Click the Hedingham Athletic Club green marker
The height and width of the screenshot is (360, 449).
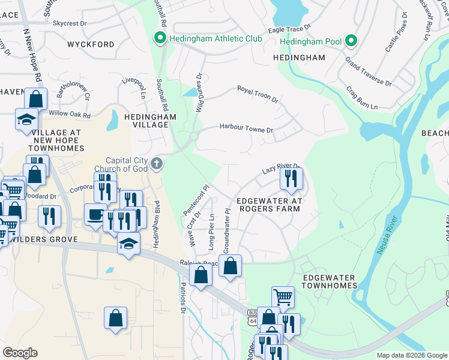pyautogui.click(x=160, y=38)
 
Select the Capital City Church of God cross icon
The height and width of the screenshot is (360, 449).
pyautogui.click(x=157, y=164)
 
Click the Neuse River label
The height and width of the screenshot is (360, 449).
pyautogui.click(x=388, y=235)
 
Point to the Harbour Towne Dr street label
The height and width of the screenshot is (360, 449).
pyautogui.click(x=246, y=128)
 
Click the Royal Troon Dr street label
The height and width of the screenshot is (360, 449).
pyautogui.click(x=257, y=93)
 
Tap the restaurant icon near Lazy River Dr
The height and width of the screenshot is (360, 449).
pyautogui.click(x=291, y=178)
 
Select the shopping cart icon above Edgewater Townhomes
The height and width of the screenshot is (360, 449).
pyautogui.click(x=283, y=296)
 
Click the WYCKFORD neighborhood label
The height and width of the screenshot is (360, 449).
pyautogui.click(x=91, y=44)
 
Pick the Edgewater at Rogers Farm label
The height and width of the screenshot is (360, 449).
pyautogui.click(x=268, y=205)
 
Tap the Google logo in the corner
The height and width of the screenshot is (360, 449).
pyautogui.click(x=20, y=353)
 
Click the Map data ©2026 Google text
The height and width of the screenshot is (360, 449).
pyautogui.click(x=411, y=355)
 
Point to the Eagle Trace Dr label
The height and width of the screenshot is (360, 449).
pyautogui.click(x=289, y=28)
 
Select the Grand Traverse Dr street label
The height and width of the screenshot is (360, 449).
pyautogui.click(x=368, y=71)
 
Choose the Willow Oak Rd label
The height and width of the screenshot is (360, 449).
pyautogui.click(x=70, y=114)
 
